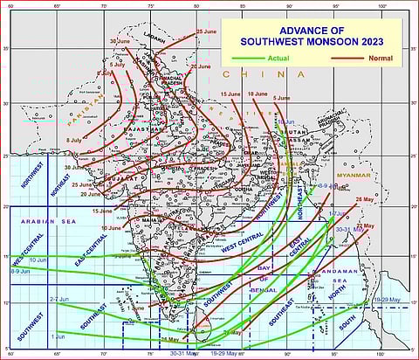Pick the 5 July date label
[117, 65]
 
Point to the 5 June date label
[281, 97]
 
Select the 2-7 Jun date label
[60, 298]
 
